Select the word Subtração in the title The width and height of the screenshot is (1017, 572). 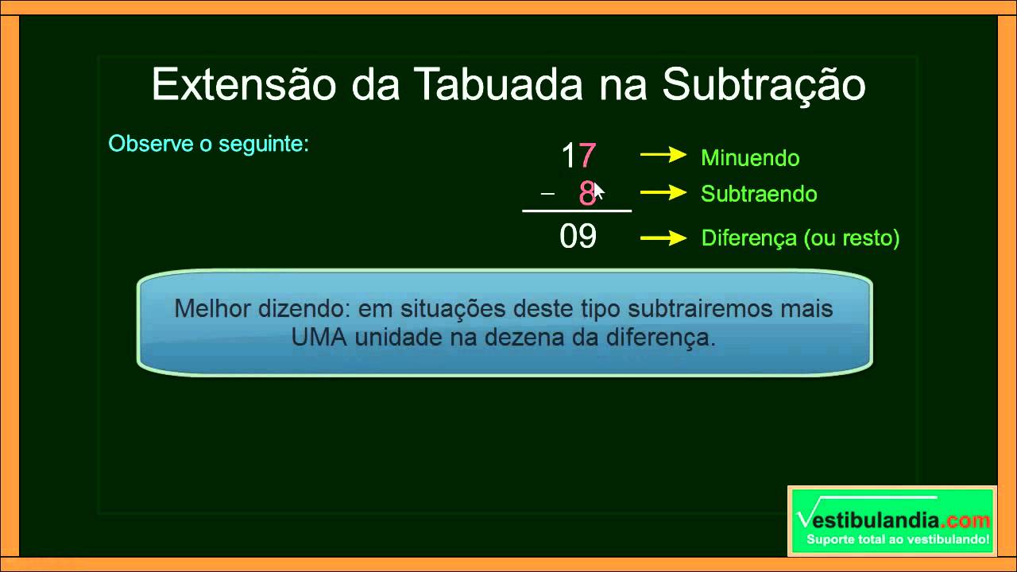[x=764, y=85]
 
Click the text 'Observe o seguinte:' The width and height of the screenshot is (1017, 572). [x=208, y=145]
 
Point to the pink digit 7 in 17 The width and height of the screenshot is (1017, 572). [x=588, y=157]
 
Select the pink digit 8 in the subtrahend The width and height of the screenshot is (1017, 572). [x=586, y=194]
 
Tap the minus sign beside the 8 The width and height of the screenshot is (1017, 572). [x=547, y=194]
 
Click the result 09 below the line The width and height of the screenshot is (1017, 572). [x=578, y=238]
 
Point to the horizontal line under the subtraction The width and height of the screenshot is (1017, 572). [x=577, y=211]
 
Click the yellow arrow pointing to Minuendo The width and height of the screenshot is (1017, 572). [x=663, y=156]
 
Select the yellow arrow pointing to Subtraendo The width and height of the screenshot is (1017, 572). [x=663, y=192]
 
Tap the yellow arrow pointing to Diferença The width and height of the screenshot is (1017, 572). [x=663, y=237]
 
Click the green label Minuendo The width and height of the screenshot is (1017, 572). [x=750, y=158]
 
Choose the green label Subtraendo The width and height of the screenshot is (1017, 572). [x=759, y=195]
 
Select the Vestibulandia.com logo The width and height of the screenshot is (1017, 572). [x=892, y=521]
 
